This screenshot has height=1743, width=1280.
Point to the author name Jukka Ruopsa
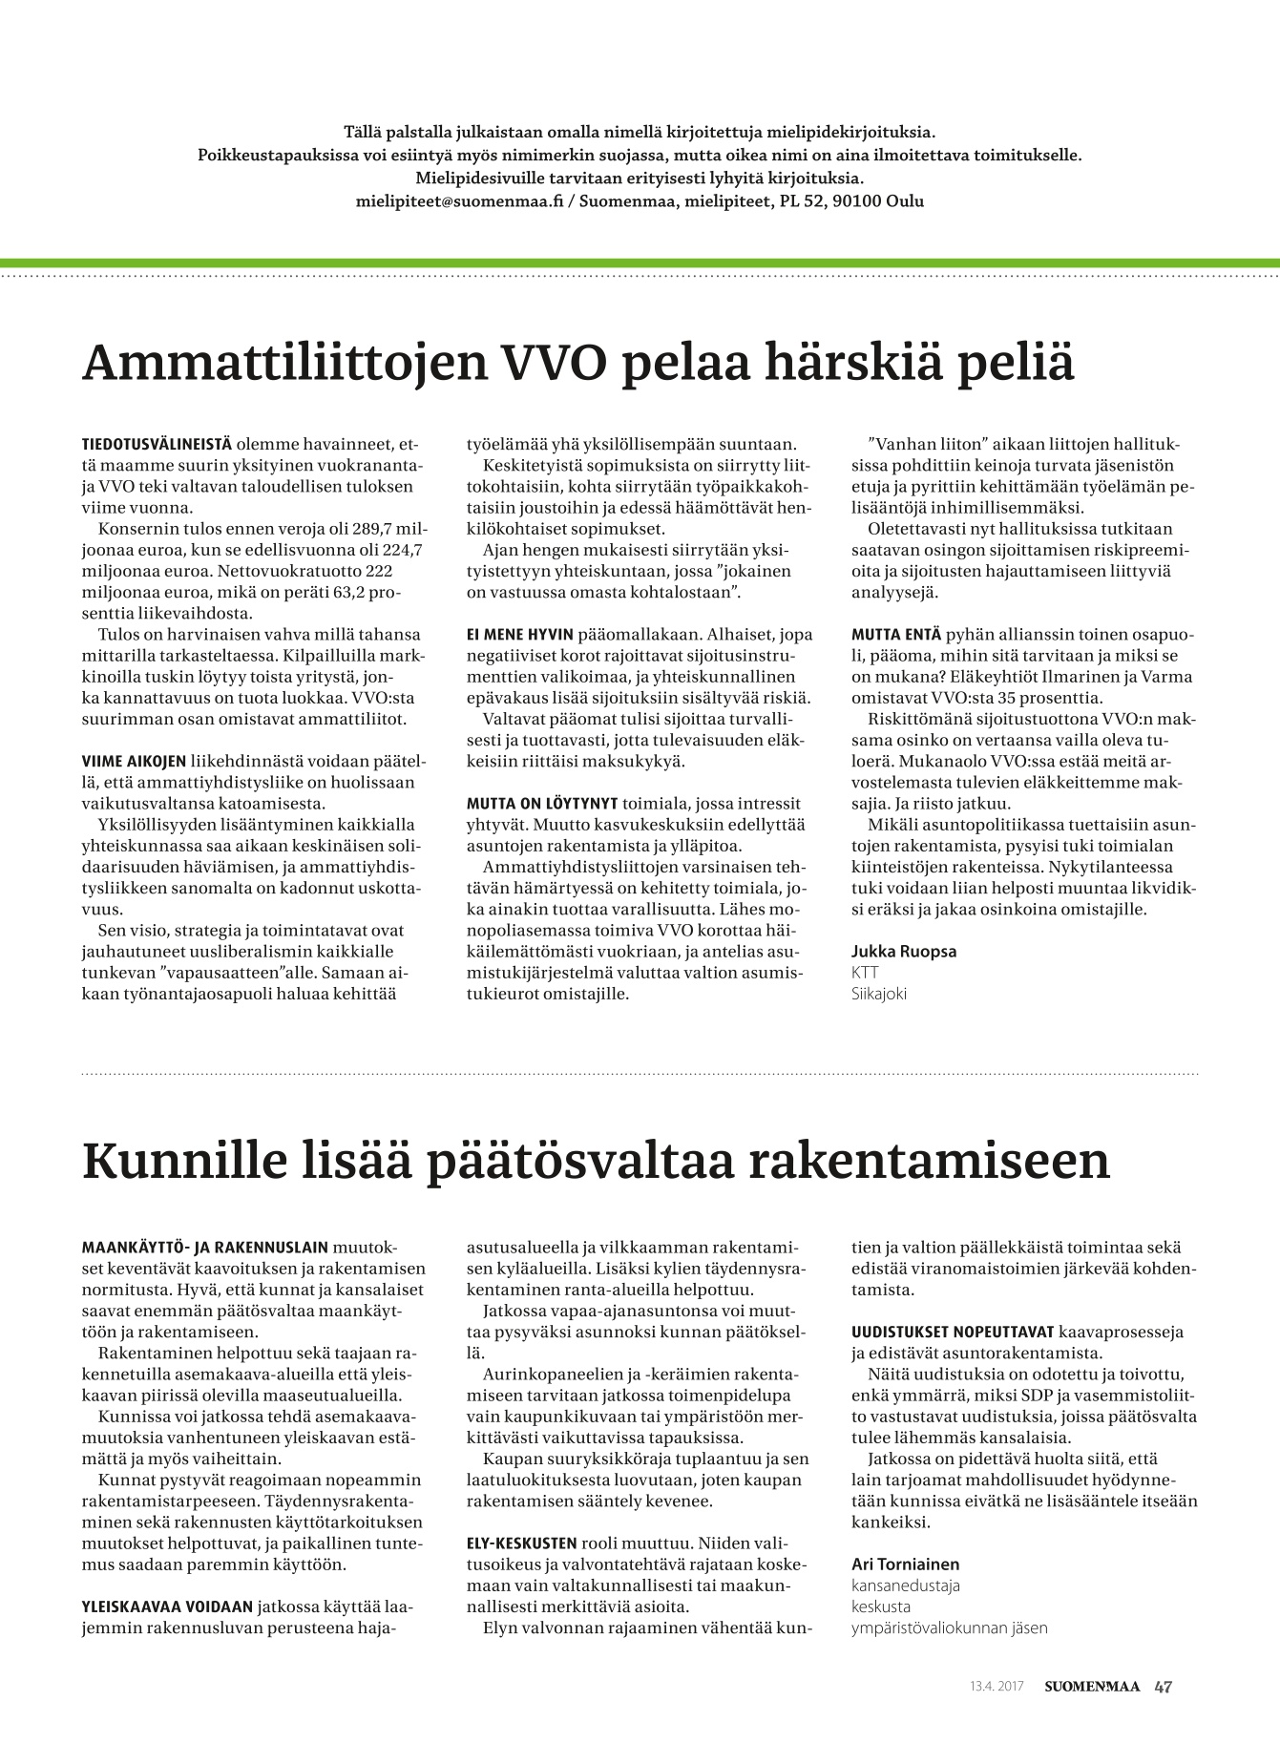point(903,951)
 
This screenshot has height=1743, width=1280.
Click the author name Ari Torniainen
point(905,1564)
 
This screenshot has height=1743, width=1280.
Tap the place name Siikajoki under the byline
point(878,993)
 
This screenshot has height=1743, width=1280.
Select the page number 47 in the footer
point(1163,1687)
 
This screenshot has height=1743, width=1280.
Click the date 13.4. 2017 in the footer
point(996,1687)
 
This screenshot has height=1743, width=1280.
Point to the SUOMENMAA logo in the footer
point(1091,1687)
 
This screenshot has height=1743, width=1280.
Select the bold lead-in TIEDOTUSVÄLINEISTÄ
point(157,445)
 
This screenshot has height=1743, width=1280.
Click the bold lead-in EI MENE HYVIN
point(519,634)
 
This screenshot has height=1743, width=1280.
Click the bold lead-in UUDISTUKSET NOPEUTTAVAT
point(953,1332)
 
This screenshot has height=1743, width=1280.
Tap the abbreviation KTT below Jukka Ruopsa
point(865,972)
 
